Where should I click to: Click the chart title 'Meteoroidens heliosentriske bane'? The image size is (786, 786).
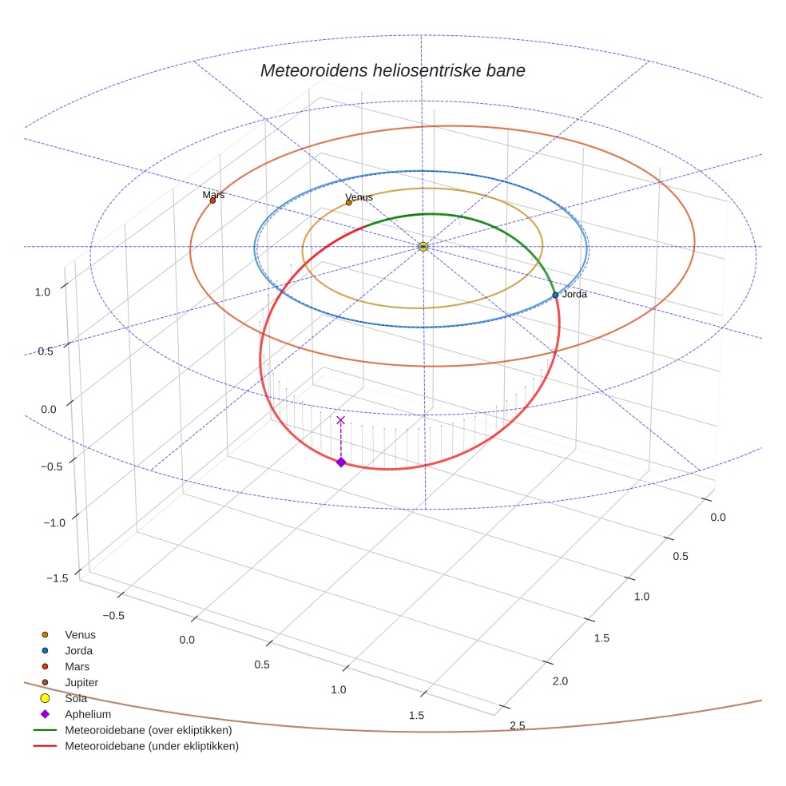(x=392, y=70)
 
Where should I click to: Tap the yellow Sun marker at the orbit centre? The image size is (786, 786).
(x=423, y=247)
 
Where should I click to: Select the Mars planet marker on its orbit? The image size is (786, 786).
(x=212, y=200)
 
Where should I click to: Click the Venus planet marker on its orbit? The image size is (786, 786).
(x=349, y=203)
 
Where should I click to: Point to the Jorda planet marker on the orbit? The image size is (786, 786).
(x=555, y=295)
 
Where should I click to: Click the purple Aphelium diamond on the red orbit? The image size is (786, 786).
(x=341, y=462)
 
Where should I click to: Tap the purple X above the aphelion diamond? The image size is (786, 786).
(x=341, y=420)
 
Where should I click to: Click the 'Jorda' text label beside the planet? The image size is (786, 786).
(x=574, y=295)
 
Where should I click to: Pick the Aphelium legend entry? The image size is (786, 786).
(x=87, y=714)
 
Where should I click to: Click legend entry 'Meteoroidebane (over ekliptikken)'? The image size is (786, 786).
(x=148, y=730)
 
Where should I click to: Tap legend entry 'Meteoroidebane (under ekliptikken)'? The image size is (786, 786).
(x=151, y=746)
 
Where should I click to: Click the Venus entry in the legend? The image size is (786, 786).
(x=80, y=634)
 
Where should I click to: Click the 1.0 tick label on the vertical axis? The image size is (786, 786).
(x=42, y=292)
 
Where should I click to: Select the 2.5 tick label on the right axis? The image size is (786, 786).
(x=517, y=725)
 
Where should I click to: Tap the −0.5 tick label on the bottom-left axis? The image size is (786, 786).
(x=114, y=616)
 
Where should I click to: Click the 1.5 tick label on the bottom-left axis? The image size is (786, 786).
(x=415, y=716)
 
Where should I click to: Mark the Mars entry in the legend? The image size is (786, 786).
(x=77, y=666)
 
